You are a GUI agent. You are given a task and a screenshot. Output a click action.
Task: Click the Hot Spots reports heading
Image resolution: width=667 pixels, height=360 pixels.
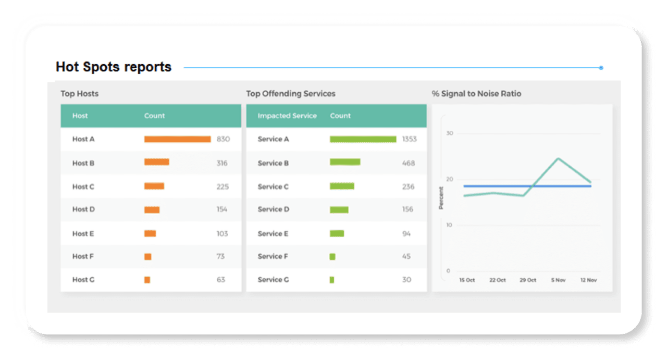[114, 67]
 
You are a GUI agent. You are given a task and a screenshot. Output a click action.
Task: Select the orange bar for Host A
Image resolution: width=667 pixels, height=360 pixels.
[177, 139]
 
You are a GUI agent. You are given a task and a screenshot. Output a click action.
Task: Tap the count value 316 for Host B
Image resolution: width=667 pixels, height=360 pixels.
[222, 163]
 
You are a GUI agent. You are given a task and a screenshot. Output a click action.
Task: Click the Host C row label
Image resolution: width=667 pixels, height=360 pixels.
[83, 187]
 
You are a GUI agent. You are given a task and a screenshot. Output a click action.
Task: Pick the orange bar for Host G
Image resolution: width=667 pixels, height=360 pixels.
[147, 280]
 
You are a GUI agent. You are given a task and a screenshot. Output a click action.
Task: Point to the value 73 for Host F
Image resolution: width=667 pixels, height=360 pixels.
[220, 256]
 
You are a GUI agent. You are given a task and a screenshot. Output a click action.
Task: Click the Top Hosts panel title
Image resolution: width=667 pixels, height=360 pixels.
[79, 94]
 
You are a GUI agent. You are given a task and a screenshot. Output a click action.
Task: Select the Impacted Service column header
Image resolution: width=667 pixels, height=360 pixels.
[287, 116]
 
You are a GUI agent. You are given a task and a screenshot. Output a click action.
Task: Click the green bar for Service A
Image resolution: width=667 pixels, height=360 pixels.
[363, 139]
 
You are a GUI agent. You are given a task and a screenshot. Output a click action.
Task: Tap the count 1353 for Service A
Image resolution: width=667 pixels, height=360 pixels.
[409, 139]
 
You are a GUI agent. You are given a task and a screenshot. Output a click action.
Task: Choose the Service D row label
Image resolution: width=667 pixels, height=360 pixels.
[273, 209]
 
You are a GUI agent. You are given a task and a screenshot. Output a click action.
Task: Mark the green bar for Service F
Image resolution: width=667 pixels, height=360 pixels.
[332, 256]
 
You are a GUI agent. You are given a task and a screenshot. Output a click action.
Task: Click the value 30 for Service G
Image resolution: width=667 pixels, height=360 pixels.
[406, 280]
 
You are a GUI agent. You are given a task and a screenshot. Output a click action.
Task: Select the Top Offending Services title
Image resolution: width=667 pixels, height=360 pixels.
[291, 94]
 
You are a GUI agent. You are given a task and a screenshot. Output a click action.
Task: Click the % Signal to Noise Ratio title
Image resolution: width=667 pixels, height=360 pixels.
[476, 94]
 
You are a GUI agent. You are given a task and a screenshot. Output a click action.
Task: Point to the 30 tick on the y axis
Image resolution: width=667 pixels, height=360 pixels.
[450, 133]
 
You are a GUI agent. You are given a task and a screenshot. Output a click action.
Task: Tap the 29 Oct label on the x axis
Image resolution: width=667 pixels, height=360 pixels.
[527, 280]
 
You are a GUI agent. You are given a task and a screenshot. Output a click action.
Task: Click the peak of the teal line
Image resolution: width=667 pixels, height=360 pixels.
[558, 158]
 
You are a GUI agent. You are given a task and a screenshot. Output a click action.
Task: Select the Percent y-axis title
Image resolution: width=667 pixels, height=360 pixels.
[441, 198]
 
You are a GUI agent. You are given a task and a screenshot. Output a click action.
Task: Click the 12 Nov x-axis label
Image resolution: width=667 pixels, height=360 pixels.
[588, 280]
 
